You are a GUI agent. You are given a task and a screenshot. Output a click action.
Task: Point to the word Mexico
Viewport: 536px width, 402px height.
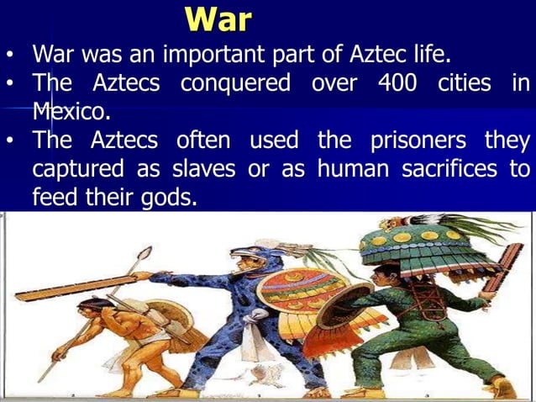click(x=71, y=111)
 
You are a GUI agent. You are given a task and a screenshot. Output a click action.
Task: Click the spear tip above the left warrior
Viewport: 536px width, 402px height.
click(x=145, y=252)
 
